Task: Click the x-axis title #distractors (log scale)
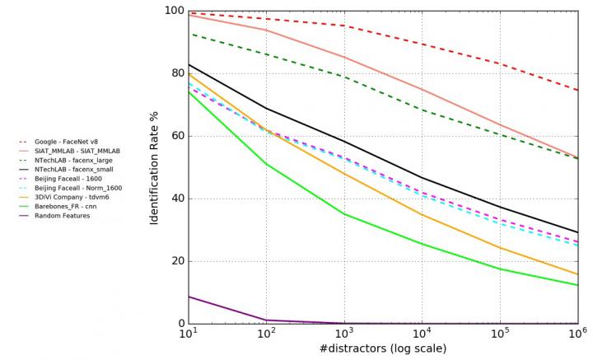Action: pyautogui.click(x=382, y=349)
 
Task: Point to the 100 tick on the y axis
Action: pyautogui.click(x=174, y=11)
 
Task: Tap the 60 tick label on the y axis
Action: pyautogui.click(x=176, y=136)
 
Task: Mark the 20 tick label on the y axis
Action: pyautogui.click(x=176, y=261)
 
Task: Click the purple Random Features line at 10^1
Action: pyautogui.click(x=189, y=297)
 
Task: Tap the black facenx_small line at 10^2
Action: pyautogui.click(x=266, y=108)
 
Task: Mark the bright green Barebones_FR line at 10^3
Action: pyautogui.click(x=343, y=214)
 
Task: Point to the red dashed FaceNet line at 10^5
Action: pyautogui.click(x=499, y=63)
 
